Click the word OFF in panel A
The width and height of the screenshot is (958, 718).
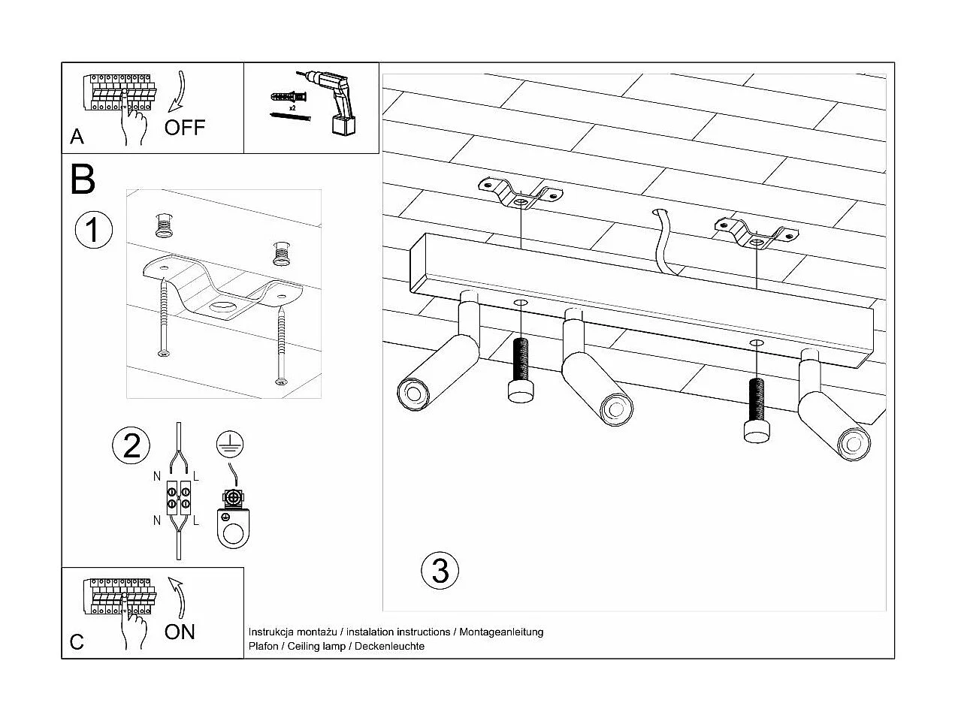(x=184, y=127)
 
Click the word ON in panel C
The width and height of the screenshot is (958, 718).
(x=180, y=632)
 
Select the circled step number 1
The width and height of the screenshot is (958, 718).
(x=94, y=229)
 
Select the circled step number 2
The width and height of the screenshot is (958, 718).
(x=131, y=445)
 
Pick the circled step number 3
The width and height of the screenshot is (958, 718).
(x=440, y=570)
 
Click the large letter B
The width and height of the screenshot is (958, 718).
(x=83, y=179)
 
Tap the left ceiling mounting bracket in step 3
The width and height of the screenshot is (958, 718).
(x=520, y=195)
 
